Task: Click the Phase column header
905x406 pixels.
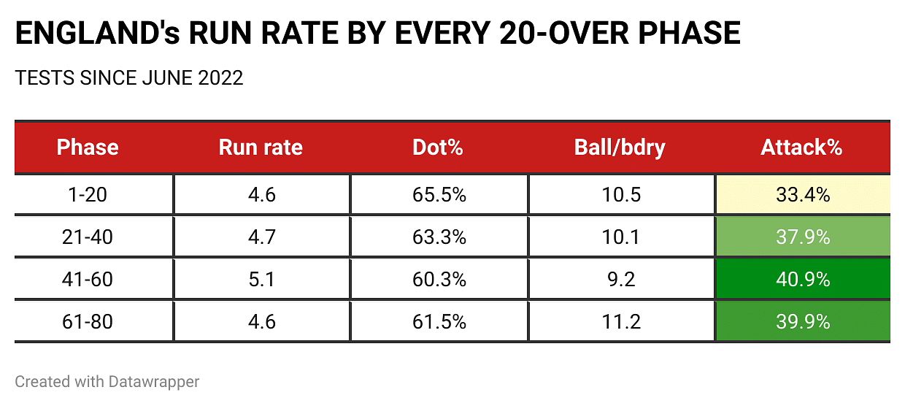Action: click(x=88, y=148)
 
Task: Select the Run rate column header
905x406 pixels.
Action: click(x=261, y=148)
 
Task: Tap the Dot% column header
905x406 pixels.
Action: click(x=438, y=148)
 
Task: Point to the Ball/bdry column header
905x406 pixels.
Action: click(x=620, y=148)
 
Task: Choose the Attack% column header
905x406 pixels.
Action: click(x=801, y=148)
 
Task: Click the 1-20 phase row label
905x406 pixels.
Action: click(x=93, y=195)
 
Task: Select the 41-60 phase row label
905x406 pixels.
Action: click(x=93, y=279)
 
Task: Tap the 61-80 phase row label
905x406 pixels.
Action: click(x=93, y=321)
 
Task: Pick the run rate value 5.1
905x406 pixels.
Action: click(x=261, y=279)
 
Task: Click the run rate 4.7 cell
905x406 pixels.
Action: click(x=261, y=237)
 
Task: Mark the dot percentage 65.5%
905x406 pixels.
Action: click(x=439, y=195)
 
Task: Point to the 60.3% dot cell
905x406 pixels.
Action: click(x=439, y=279)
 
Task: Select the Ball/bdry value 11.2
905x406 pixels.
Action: click(x=620, y=321)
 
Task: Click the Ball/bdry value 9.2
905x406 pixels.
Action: click(x=620, y=279)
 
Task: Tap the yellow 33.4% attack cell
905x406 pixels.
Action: click(x=802, y=195)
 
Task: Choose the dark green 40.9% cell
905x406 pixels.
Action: click(x=802, y=279)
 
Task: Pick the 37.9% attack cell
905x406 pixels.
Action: click(x=802, y=237)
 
